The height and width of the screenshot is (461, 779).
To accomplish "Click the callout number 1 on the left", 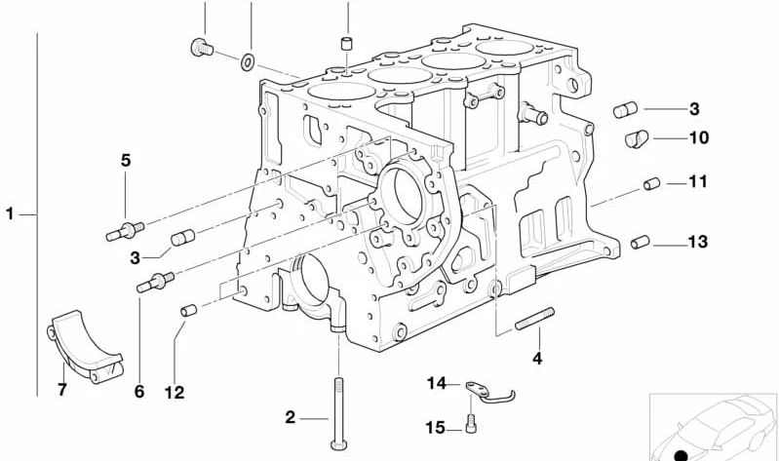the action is click(10, 214).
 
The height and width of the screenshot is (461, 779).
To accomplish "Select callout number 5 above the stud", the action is click(126, 161).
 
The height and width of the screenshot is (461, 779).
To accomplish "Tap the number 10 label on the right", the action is click(698, 137).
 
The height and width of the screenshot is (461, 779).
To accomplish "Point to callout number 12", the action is click(175, 393).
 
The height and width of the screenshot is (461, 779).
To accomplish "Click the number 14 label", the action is click(437, 383).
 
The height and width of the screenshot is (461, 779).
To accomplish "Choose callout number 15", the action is click(435, 427).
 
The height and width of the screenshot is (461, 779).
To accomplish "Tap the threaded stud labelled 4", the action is click(534, 319).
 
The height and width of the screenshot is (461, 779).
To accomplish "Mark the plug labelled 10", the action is click(637, 138).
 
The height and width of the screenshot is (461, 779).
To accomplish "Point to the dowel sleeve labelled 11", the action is click(651, 184).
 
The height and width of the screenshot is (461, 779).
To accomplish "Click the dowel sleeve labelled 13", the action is click(640, 242).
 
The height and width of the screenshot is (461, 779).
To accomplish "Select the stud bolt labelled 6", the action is click(155, 282).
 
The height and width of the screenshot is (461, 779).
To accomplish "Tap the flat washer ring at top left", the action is click(248, 62).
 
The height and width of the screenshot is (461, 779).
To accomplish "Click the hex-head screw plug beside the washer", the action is click(202, 47).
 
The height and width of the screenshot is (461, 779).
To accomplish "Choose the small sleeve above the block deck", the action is click(347, 43).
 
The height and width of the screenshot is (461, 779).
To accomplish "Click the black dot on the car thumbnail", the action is click(682, 455).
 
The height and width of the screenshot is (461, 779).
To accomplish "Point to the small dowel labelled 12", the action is click(188, 311).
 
